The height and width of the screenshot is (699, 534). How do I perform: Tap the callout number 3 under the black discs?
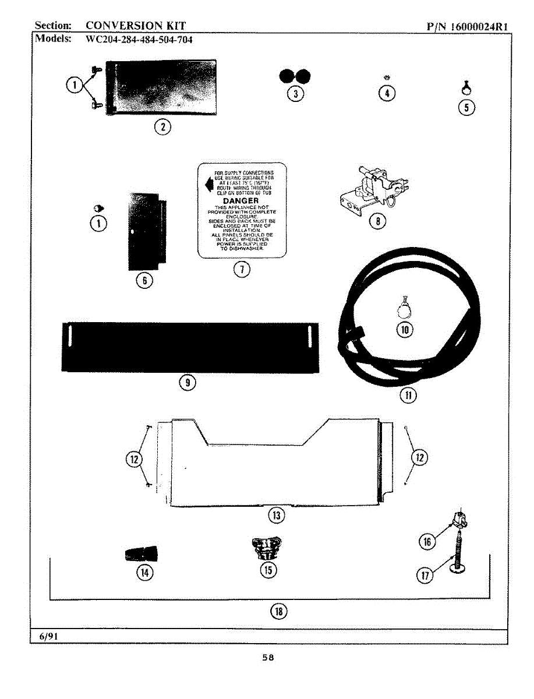point(295,94)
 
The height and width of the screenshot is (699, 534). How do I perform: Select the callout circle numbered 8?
point(377,221)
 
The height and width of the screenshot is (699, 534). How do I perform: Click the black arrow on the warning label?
point(207,185)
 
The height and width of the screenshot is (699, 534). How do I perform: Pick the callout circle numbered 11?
point(408,396)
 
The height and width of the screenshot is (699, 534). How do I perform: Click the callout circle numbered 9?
point(188,382)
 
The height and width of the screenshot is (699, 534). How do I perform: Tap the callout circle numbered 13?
point(275,515)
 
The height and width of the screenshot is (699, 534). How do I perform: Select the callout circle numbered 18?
point(279,610)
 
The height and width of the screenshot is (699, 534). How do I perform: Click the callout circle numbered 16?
point(427,542)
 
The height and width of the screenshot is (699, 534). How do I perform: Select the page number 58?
point(267,658)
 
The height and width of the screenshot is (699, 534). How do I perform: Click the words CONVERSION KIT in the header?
point(135,26)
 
